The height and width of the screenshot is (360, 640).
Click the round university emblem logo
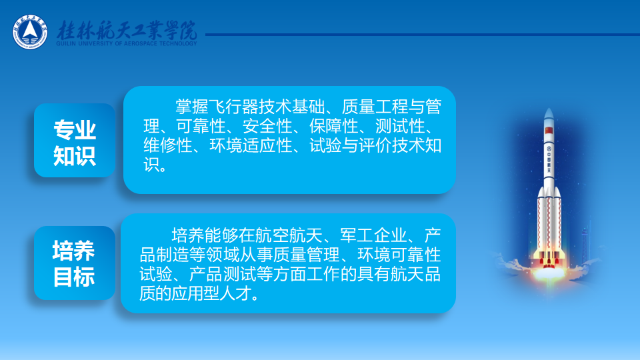click(x=30, y=32)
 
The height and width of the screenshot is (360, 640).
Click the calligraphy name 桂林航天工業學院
click(x=127, y=30)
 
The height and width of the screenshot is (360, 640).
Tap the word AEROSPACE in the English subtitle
click(x=140, y=44)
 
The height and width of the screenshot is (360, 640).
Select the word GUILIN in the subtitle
click(x=66, y=44)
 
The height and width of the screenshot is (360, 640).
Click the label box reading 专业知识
click(x=75, y=141)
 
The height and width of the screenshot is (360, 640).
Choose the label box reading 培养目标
click(x=75, y=263)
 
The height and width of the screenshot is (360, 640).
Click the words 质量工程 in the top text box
click(x=375, y=107)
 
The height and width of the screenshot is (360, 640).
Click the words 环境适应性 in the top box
click(x=251, y=146)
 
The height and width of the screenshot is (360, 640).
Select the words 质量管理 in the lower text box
click(x=306, y=255)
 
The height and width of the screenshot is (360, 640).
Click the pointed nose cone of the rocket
click(x=549, y=113)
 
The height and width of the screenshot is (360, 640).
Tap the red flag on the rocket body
click(x=549, y=131)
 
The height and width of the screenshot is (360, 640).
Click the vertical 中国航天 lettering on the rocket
click(x=549, y=159)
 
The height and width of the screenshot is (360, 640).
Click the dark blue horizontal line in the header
click(x=423, y=35)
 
